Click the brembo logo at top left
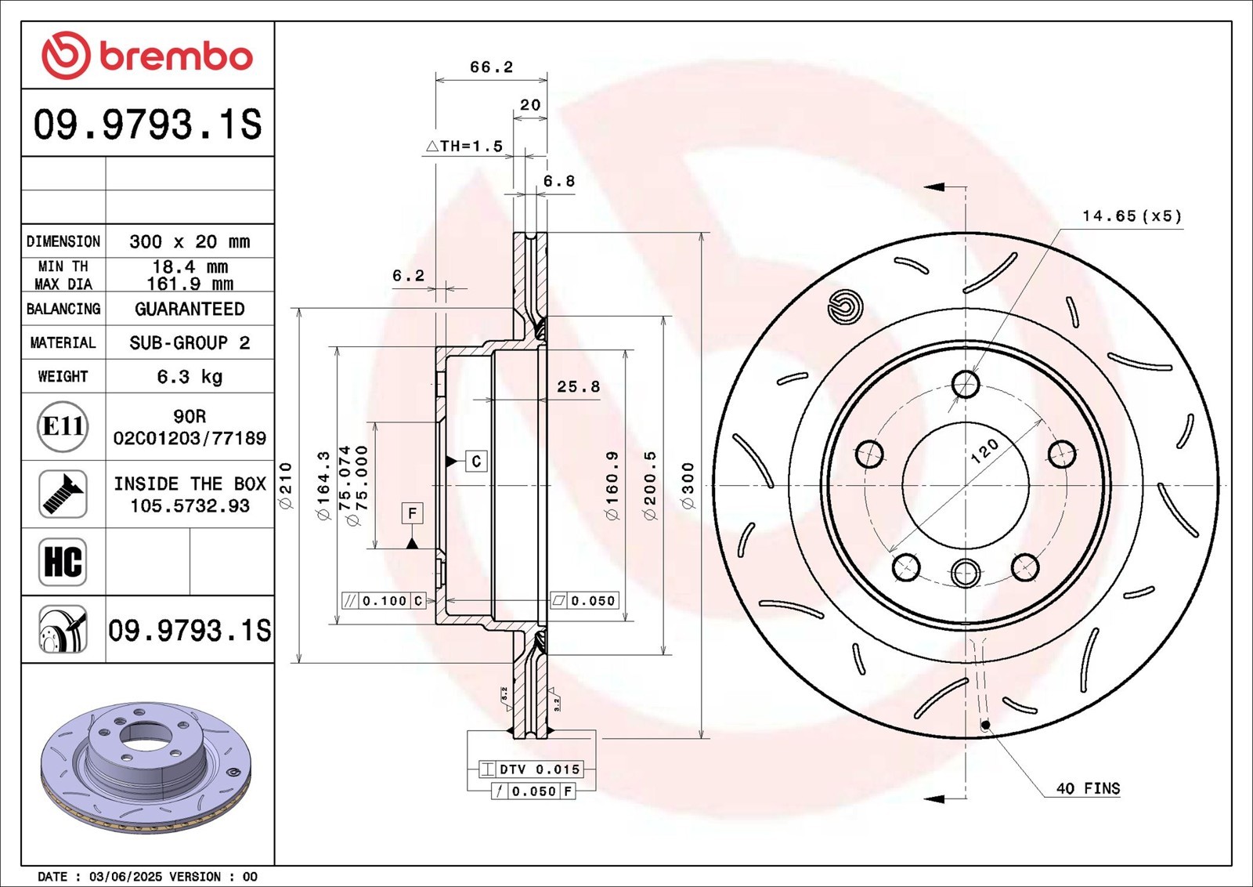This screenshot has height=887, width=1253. coord(147,55)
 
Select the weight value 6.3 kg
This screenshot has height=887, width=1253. coord(190,377)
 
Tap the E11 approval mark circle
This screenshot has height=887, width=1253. coord(63,427)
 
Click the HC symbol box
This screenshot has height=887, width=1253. coord(63,562)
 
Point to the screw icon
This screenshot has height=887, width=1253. coord(63,494)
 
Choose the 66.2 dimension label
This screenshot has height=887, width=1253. coord(491,67)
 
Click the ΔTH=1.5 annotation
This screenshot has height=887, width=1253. coord(464,147)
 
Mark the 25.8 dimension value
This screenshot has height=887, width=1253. coord(579,387)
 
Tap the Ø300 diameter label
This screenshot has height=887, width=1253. coord(688,485)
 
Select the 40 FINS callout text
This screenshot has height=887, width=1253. coord(1088,788)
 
